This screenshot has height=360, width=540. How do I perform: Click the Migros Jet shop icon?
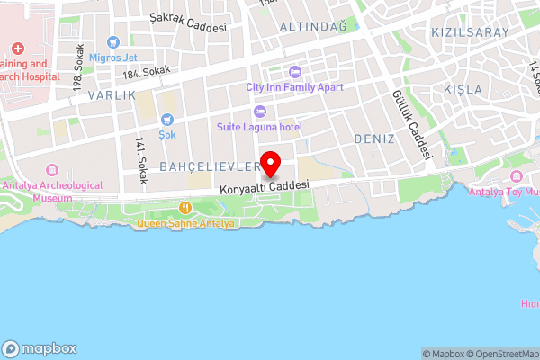[112, 42]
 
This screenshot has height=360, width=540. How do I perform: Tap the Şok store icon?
[166, 120]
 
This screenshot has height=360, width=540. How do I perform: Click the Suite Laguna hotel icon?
[260, 112]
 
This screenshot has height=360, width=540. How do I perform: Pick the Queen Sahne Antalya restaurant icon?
[185, 208]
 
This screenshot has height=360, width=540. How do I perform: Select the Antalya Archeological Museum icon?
[50, 170]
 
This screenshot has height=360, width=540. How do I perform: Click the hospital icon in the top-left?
[17, 48]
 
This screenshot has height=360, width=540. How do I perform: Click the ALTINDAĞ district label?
[313, 28]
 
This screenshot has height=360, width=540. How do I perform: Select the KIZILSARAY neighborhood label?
[470, 32]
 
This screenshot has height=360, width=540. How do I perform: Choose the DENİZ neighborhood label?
[375, 139]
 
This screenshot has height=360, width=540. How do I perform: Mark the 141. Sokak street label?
[140, 160]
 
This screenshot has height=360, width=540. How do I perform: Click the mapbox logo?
[40, 348]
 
